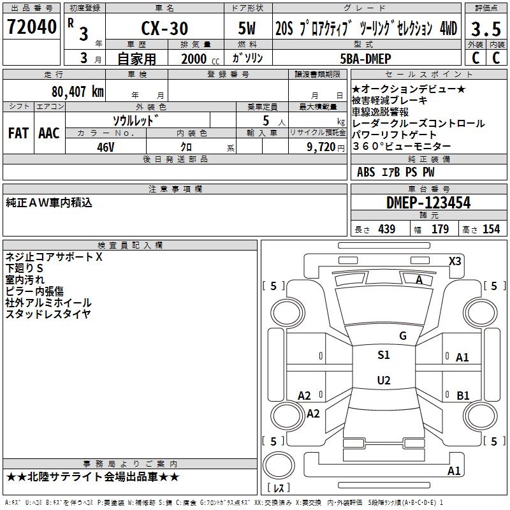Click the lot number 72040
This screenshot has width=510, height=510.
coord(32,27)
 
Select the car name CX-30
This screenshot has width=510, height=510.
coord(164,28)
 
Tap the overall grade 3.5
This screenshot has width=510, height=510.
coord(486,29)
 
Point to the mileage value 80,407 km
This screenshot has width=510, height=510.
coord(78,92)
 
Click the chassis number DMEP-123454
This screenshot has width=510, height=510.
coord(428,203)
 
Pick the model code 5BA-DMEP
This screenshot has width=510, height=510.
coord(365,59)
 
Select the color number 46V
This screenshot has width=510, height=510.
coord(106,147)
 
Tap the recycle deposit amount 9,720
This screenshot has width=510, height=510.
coord(321,147)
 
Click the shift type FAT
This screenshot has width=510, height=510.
coord(18,133)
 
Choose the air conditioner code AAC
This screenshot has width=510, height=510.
coord(49,133)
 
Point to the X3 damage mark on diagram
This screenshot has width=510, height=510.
coord(455,261)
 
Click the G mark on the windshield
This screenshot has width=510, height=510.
coord(403,336)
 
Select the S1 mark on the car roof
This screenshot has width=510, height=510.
coord(384,355)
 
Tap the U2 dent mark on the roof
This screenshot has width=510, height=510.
coord(384,380)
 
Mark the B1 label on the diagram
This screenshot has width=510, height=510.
coord(463,395)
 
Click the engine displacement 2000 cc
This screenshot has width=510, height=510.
coord(200,59)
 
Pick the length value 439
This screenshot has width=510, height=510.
coord(387,229)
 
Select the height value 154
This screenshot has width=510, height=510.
coord(491,229)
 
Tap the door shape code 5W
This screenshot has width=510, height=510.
coord(247,28)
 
